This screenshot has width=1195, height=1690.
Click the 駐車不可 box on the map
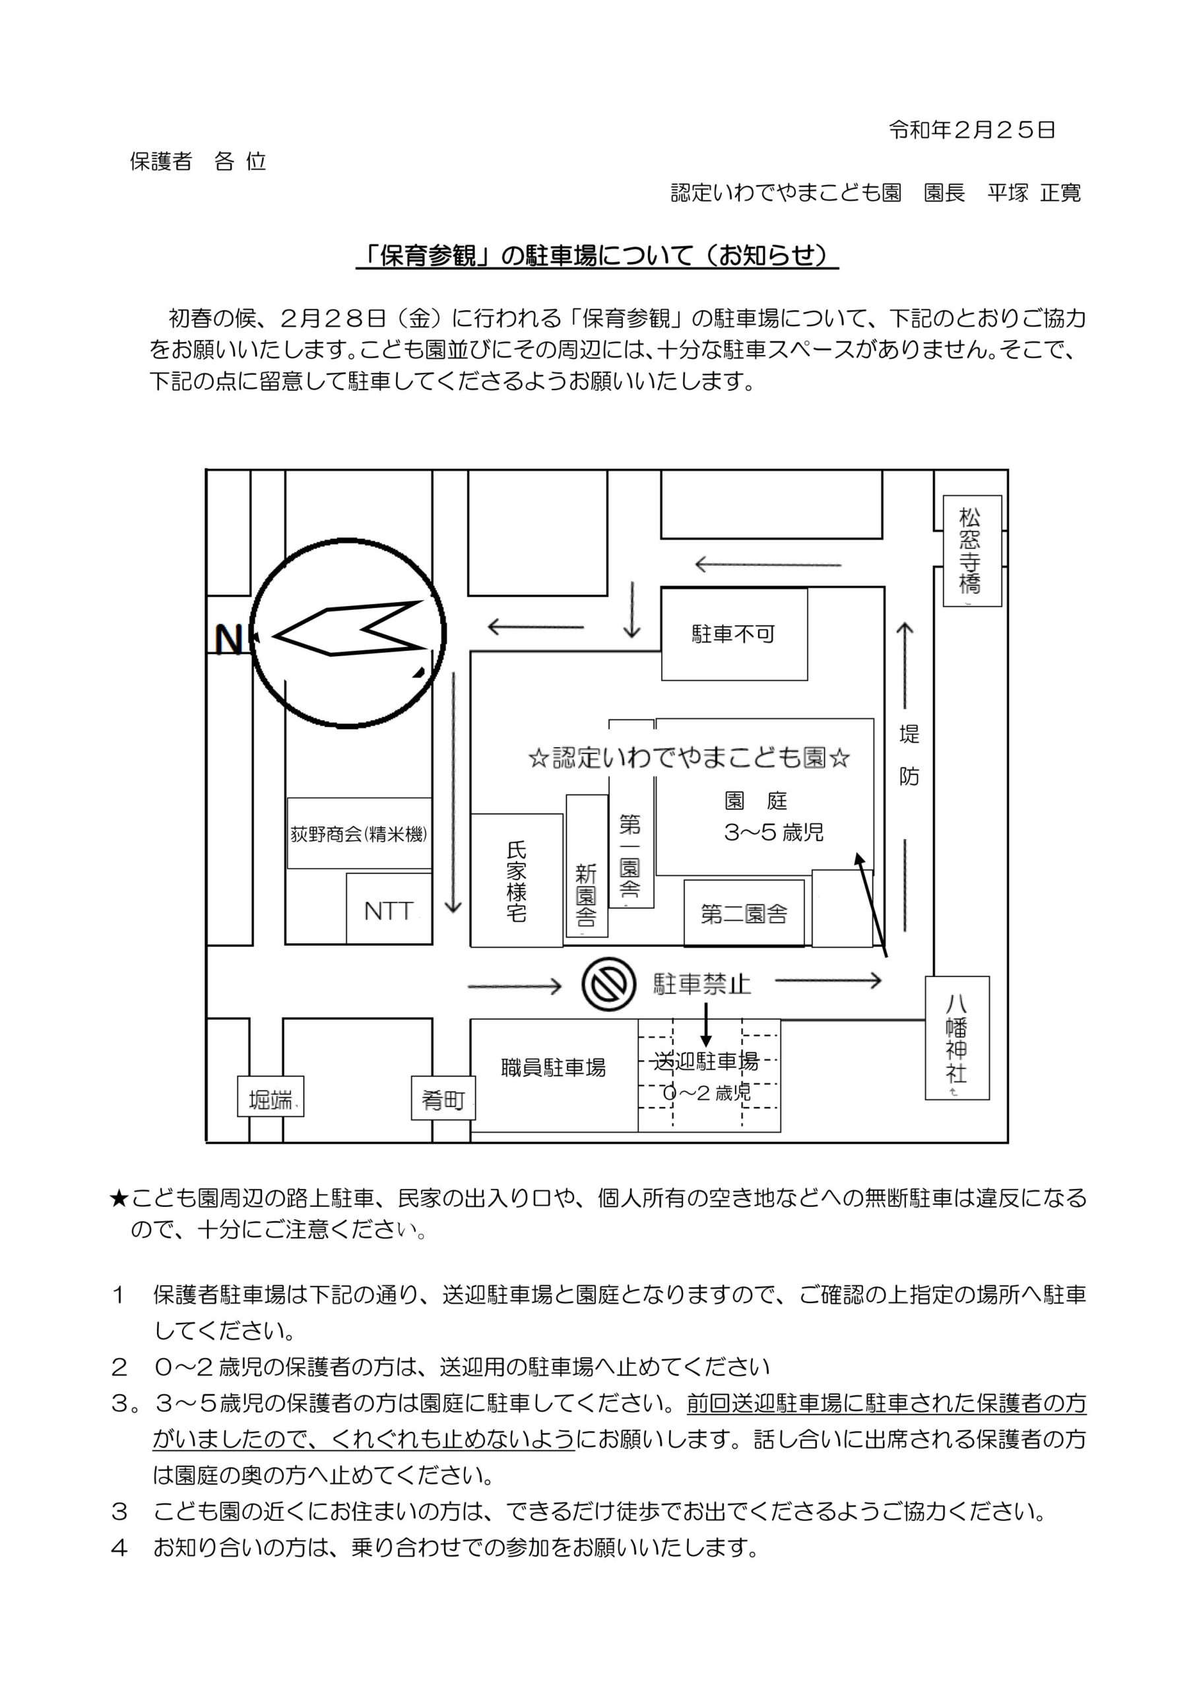pyautogui.click(x=734, y=634)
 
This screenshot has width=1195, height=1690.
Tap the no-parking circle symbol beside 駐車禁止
pyautogui.click(x=608, y=984)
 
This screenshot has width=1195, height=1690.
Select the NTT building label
pyautogui.click(x=389, y=910)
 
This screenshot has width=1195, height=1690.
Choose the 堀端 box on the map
pyautogui.click(x=270, y=1100)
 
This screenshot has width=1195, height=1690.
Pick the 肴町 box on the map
pyautogui.click(x=443, y=1100)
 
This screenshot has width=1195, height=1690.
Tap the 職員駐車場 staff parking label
pyautogui.click(x=554, y=1068)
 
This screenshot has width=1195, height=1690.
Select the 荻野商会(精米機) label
pyautogui.click(x=359, y=834)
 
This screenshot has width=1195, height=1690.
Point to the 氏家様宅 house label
pyautogui.click(x=517, y=882)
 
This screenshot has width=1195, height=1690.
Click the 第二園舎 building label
pyautogui.click(x=744, y=914)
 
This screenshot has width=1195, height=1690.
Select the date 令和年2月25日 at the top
pyautogui.click(x=972, y=130)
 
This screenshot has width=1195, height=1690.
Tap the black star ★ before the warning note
pyautogui.click(x=119, y=1199)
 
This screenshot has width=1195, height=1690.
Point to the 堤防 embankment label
pyautogui.click(x=909, y=755)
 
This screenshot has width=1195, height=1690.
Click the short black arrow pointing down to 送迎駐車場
pyautogui.click(x=705, y=1024)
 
